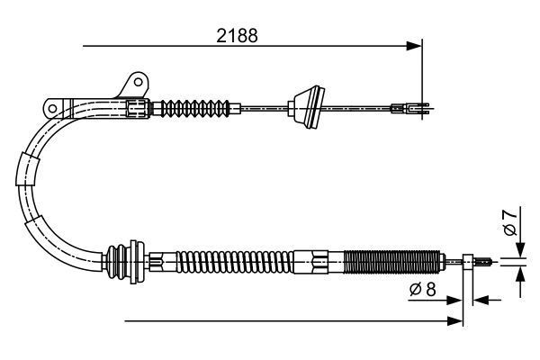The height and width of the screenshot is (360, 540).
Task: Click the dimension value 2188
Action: click(x=238, y=37)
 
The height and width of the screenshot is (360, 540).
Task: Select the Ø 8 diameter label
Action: click(x=422, y=291)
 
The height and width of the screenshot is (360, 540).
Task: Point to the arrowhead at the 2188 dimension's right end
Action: click(x=415, y=43)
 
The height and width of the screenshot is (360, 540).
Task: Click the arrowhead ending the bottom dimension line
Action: click(x=455, y=319)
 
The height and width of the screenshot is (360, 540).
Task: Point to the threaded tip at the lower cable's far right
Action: click(x=486, y=262)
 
